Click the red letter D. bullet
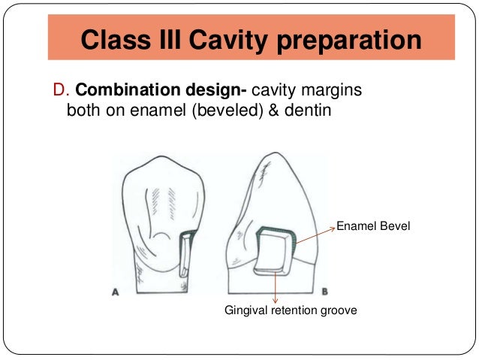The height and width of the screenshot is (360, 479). click(x=62, y=90)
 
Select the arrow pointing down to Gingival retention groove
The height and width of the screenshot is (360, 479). click(x=277, y=286)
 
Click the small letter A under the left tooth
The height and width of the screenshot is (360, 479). click(x=116, y=295)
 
